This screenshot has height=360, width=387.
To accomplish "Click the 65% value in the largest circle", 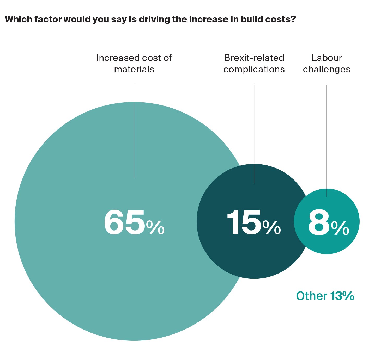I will [134, 223].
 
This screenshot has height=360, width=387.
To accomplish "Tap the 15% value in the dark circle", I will [254, 223].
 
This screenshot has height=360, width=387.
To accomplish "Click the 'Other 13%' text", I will [325, 296].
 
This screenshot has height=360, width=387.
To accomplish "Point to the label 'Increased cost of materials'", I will [134, 64].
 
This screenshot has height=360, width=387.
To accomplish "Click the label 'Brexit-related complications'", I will [254, 64].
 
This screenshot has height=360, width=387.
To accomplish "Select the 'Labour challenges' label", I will [326, 64].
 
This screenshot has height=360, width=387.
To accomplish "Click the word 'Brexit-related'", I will [254, 58].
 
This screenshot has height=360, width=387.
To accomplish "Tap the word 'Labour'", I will [326, 58].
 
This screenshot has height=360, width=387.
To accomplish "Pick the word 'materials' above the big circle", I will [134, 70].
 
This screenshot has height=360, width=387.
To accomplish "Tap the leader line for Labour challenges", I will [327, 141].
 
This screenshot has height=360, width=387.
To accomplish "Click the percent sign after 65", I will [155, 228].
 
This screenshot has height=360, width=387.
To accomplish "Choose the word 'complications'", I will [254, 70].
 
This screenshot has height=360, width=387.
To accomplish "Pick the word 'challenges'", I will [326, 70].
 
